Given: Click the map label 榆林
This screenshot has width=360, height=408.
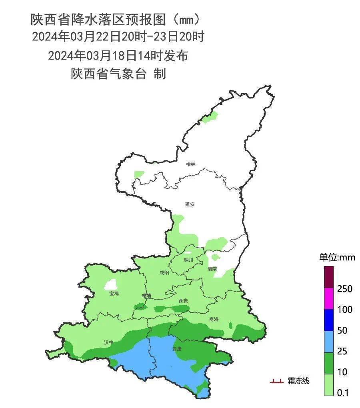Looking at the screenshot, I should point(191,164).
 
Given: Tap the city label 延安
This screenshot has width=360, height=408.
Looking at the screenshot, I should point(190,204).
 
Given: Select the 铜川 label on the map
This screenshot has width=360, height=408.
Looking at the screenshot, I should point(188,260).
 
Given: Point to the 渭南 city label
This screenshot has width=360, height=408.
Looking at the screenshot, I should point(212,269).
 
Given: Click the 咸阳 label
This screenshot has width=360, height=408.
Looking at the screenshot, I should point(164,273).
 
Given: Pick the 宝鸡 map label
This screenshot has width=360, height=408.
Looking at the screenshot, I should point(114,293).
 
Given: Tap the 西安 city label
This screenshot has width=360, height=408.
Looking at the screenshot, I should point(183,301).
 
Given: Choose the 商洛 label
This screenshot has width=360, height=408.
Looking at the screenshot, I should point(214,319).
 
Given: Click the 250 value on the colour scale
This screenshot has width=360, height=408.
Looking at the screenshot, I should point(344,289).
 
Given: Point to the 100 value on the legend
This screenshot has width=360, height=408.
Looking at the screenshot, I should point(344,310).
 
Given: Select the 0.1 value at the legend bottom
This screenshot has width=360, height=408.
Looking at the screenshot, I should point(343,393).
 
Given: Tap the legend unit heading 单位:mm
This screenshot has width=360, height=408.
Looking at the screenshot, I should point(337,257).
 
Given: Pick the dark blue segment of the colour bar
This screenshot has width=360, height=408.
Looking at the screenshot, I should point(329,320).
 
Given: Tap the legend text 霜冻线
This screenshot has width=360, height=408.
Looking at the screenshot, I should point(298,381).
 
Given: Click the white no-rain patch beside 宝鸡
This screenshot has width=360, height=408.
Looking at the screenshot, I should point(111,284).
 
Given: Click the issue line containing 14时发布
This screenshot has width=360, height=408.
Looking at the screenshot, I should point(118,56).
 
